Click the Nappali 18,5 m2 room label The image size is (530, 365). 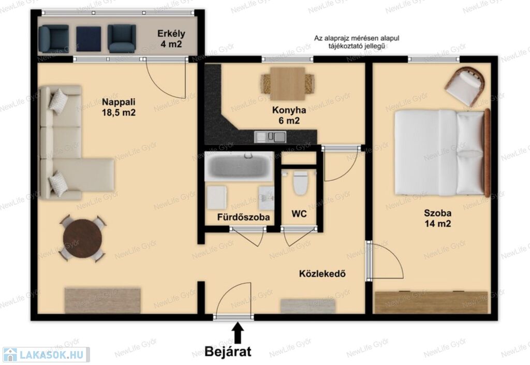tap(119, 107)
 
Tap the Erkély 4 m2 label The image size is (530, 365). tap(171, 38)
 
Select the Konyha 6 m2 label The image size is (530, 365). tap(289, 115)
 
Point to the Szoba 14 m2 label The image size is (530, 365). tap(438, 218)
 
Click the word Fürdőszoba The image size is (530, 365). tap(243, 216)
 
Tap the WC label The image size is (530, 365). tap(299, 214)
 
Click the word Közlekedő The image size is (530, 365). tap(322, 273)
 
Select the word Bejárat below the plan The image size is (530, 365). tap(228, 352)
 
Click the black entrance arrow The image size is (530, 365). tap(238, 332)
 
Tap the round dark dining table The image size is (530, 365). tap(82, 238)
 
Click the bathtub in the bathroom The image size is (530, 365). tap(239, 166)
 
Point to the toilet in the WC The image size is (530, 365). tap(300, 183)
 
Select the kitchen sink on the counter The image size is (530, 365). tap(270, 137)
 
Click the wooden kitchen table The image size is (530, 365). tap(288, 84)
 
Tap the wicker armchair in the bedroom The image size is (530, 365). tap(465, 86)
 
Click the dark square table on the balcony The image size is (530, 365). tap(89, 39)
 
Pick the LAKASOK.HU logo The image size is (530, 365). tap(46, 355)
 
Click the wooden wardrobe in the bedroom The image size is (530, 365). tap(431, 302)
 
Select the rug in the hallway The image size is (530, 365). tap(307, 306)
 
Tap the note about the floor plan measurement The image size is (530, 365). tap(357, 42)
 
